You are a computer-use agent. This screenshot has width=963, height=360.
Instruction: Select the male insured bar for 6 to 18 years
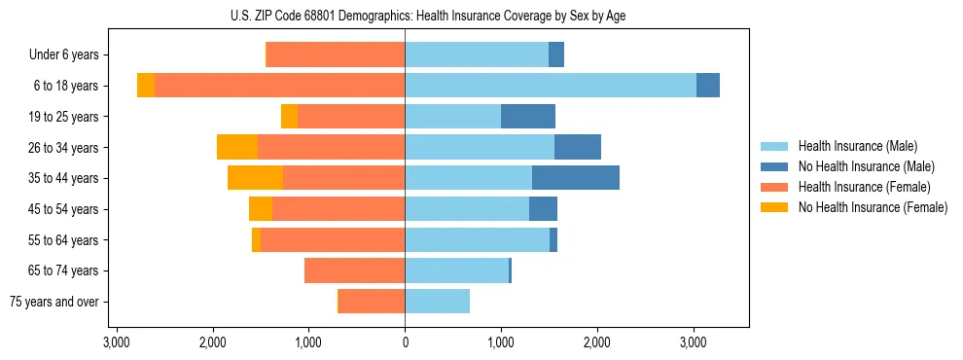550,86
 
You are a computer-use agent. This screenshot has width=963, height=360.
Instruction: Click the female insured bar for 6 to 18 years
279,86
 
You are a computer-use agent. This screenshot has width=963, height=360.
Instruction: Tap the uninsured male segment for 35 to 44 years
575,178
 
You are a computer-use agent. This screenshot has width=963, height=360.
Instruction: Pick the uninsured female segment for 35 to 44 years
255,178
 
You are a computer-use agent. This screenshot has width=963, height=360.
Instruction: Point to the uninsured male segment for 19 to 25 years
527,117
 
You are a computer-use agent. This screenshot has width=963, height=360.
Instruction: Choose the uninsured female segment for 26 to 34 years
237,147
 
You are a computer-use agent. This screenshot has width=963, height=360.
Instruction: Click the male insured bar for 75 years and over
437,302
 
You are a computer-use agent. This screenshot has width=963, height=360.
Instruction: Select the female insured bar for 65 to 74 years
354,270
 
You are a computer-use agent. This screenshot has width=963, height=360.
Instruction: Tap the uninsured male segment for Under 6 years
555,54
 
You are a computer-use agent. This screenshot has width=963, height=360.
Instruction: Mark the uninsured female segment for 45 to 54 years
261,209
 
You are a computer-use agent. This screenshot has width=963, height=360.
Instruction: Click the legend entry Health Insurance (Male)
857,146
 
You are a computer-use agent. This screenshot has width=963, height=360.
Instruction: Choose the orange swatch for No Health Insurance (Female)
774,207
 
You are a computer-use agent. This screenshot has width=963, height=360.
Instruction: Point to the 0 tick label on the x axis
405,342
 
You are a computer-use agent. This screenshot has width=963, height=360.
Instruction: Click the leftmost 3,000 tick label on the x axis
117,342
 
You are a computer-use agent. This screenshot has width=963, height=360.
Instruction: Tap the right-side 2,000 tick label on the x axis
596,342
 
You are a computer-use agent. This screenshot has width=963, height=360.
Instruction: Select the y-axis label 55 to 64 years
66,240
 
